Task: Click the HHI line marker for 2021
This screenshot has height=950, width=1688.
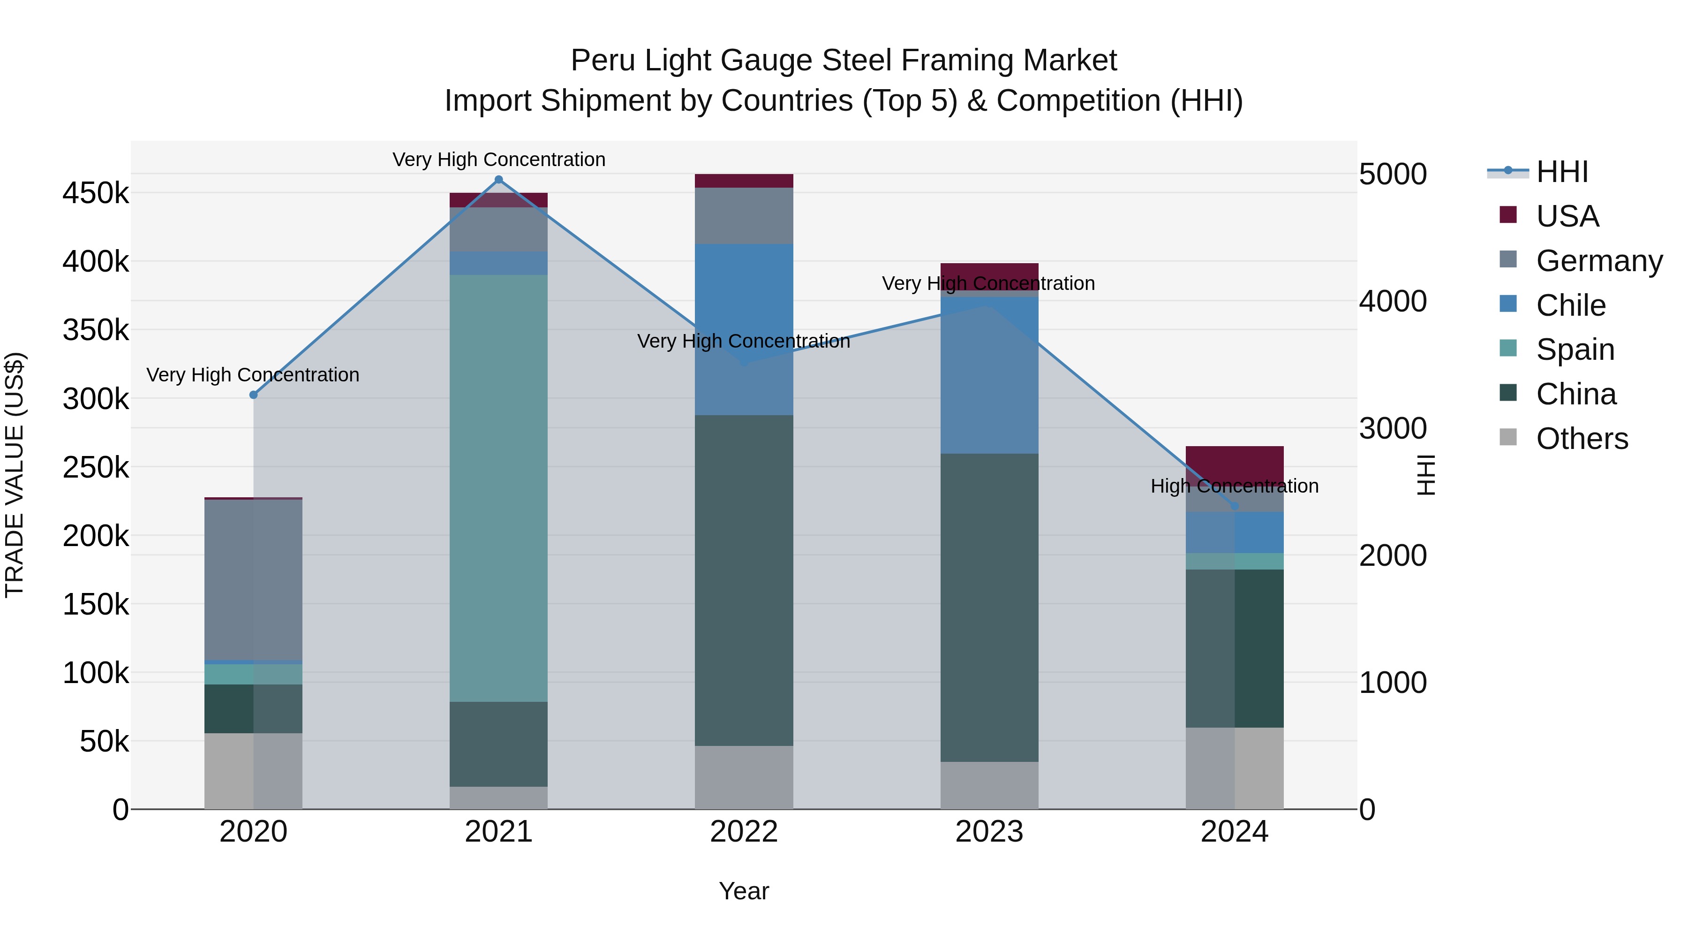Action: (499, 180)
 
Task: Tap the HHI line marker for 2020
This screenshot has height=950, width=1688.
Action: (254, 395)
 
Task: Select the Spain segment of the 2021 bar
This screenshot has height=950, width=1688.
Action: (499, 488)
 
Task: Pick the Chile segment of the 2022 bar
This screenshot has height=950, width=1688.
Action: (744, 329)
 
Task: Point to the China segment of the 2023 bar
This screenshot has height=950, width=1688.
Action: (989, 607)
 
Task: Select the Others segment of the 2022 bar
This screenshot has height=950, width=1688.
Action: (744, 777)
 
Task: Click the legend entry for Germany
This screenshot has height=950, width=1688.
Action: (1599, 261)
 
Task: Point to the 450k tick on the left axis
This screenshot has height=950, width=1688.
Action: (96, 193)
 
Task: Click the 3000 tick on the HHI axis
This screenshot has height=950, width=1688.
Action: (1393, 428)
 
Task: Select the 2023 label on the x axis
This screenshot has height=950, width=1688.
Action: (989, 832)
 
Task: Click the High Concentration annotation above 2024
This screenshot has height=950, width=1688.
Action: (1235, 486)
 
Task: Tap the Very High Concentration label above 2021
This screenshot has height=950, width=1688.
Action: (499, 160)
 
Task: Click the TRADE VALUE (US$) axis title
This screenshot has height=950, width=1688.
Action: (15, 475)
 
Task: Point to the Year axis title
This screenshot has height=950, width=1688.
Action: (744, 891)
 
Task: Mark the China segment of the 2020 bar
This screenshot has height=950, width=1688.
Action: (254, 709)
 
